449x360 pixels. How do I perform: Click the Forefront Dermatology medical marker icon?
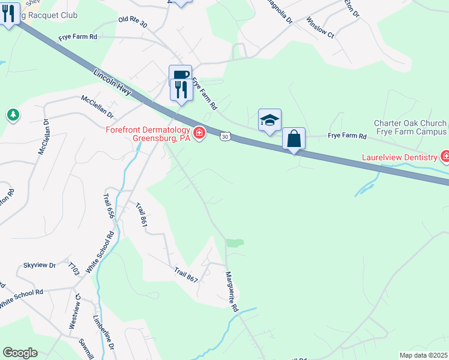(198, 132)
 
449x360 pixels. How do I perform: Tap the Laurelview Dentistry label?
(399, 158)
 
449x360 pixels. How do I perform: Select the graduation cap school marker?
(270, 120)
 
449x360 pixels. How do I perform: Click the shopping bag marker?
(294, 139)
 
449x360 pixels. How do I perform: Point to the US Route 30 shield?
(224, 137)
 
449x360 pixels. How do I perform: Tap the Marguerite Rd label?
(230, 290)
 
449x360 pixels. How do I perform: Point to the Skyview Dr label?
(39, 265)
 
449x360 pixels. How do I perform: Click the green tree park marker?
(12, 114)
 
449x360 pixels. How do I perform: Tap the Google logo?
(19, 353)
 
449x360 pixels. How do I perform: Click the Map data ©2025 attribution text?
(423, 355)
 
